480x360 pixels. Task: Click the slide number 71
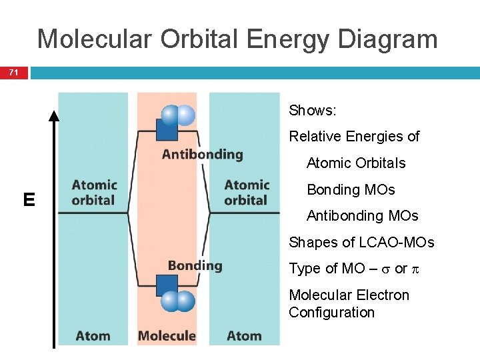pyautogui.click(x=14, y=72)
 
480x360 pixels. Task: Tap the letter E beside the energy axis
pyautogui.click(x=29, y=200)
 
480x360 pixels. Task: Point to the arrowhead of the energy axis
pyautogui.click(x=54, y=115)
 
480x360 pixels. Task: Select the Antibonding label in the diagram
pyautogui.click(x=202, y=155)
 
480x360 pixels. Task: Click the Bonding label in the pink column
pyautogui.click(x=195, y=265)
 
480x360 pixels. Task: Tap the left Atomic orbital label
pyautogui.click(x=94, y=193)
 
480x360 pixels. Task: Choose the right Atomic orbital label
pyautogui.click(x=247, y=193)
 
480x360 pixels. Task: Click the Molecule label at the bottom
pyautogui.click(x=167, y=335)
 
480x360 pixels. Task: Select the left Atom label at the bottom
pyautogui.click(x=93, y=335)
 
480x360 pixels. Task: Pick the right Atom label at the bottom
pyautogui.click(x=244, y=335)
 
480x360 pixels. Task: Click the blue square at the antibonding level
pyautogui.click(x=166, y=129)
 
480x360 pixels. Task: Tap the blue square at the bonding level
pyautogui.click(x=166, y=285)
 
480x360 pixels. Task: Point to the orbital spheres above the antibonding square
pyautogui.click(x=178, y=115)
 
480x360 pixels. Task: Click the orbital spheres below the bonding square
pyautogui.click(x=178, y=302)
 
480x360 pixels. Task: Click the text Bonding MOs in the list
pyautogui.click(x=351, y=190)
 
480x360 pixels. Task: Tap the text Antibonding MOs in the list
pyautogui.click(x=362, y=216)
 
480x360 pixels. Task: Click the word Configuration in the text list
pyautogui.click(x=331, y=313)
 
